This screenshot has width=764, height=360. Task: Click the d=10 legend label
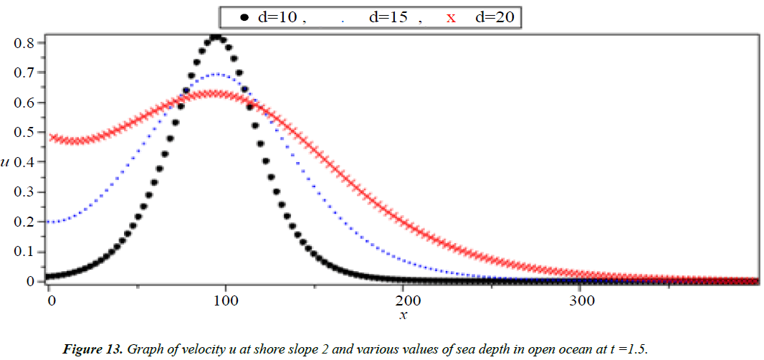(278, 17)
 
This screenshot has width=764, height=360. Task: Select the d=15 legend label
(389, 17)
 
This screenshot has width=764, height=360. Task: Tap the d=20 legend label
(495, 17)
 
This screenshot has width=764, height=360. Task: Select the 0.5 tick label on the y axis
(26, 132)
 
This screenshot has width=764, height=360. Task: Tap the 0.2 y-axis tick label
(26, 222)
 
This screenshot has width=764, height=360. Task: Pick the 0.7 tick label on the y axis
(26, 72)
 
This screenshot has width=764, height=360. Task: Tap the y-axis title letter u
(6, 162)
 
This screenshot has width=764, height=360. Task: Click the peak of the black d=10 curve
(216, 37)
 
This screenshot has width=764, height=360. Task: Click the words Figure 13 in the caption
(93, 349)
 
